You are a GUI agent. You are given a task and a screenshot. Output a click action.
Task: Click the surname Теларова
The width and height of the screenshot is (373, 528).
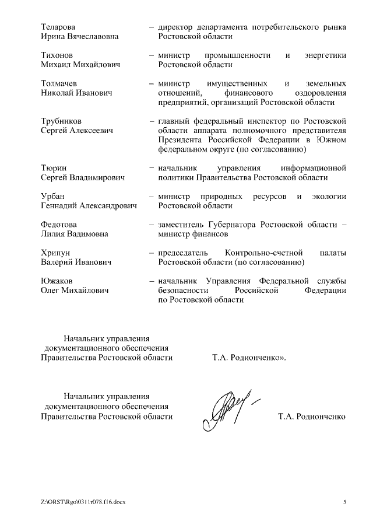coord(58,27)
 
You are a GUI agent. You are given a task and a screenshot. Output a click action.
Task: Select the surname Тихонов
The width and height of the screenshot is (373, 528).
coord(57,55)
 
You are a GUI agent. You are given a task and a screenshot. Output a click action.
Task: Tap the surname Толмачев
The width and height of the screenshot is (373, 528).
coord(59,83)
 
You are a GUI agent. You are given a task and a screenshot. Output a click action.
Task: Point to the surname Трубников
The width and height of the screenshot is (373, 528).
coord(61,121)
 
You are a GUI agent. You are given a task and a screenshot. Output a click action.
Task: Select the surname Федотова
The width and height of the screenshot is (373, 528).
coord(59,224)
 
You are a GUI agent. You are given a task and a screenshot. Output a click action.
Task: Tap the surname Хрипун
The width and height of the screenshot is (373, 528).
coord(56,253)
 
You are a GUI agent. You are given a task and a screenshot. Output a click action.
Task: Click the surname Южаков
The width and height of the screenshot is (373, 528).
coord(56,281)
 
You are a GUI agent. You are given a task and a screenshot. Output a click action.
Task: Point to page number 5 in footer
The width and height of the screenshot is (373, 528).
coord(344,502)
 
